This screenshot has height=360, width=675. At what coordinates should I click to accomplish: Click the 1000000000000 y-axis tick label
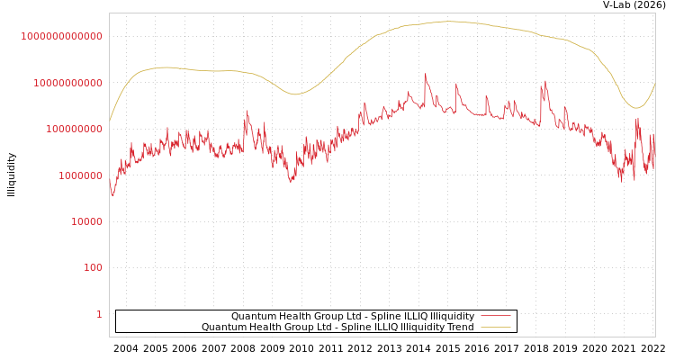point(62,36)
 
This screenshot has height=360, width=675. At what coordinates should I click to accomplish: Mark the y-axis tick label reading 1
point(99,314)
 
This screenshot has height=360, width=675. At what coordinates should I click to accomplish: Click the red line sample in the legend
point(495,317)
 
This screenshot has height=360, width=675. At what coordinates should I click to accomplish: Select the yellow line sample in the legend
point(495,328)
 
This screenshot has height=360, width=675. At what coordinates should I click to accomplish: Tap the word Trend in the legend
point(460,328)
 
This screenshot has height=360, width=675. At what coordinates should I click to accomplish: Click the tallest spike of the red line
point(425,75)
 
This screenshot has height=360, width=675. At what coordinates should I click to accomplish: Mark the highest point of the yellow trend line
point(448,22)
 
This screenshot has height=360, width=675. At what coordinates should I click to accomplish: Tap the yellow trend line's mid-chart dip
point(293,94)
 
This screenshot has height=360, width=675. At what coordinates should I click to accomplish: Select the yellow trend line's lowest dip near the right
point(635,108)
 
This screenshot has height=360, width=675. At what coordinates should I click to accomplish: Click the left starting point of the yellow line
point(110,121)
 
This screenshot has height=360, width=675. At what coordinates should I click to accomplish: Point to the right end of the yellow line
point(654,84)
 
